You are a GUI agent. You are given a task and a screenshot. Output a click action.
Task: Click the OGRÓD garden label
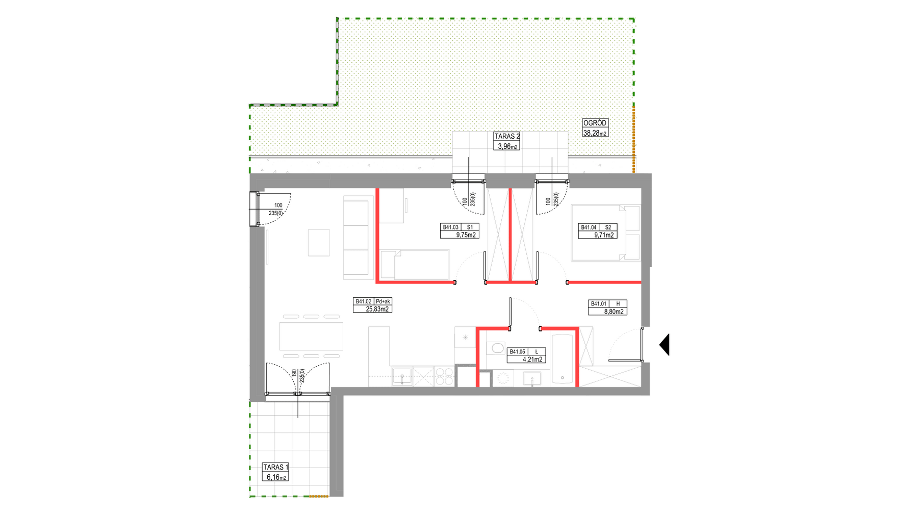tap(595, 123)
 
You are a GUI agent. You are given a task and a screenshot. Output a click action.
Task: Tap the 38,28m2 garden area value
tap(595, 133)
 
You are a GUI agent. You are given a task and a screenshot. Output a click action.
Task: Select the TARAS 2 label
tap(507, 136)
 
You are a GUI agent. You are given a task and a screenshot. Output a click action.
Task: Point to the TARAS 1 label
tap(276, 467)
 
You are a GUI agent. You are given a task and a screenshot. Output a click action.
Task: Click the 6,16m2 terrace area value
tap(276, 477)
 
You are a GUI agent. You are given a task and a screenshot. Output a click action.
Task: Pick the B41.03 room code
tap(451, 227)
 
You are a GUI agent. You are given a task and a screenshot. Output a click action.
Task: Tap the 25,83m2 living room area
tap(377, 309)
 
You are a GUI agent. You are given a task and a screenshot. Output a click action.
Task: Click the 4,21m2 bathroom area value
tap(532, 359)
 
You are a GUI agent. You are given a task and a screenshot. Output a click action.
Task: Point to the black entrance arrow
tap(664, 345)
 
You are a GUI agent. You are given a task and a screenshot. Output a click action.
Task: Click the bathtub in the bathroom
tap(563, 359)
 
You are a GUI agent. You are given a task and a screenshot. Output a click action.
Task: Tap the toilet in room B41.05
tap(496, 349)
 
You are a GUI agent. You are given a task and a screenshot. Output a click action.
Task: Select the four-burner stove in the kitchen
tap(444, 376)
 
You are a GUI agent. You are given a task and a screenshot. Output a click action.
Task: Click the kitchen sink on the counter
tap(402, 377)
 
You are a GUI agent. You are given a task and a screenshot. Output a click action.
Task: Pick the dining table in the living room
tap(311, 336)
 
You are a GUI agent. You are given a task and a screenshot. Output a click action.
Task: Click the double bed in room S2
tap(606, 233)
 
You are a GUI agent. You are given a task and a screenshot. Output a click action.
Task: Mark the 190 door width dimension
tap(294, 373)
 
